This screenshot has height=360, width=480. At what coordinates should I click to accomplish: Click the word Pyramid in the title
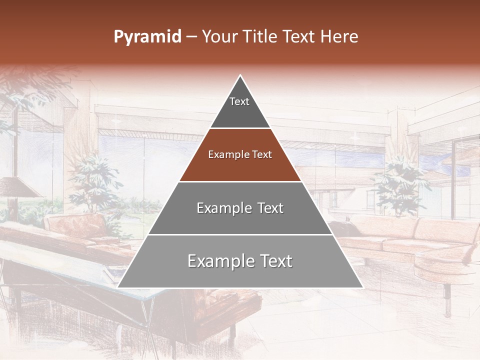pos(147,37)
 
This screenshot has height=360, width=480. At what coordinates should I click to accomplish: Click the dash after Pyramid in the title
pos(191,37)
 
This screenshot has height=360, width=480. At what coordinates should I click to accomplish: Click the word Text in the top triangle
pos(239,101)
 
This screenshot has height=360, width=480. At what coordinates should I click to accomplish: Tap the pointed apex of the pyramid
pos(240,76)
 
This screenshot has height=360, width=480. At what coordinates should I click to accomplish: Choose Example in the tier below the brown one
pos(219,208)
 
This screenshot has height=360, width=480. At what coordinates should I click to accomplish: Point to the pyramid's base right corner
pos(362,287)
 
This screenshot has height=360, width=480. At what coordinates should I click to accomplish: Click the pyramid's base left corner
pos(118,287)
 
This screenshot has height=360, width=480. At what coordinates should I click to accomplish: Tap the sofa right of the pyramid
pos(415,240)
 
